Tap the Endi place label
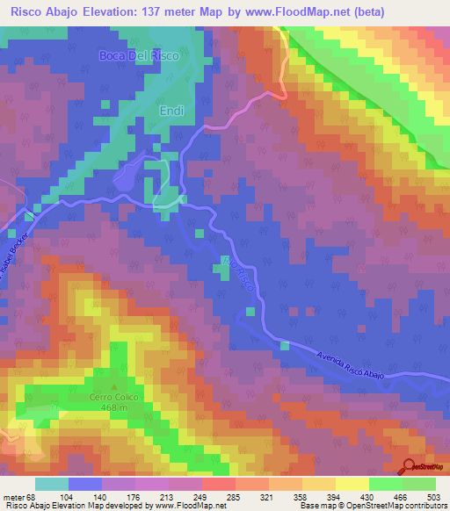click(x=171, y=112)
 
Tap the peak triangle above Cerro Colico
click(x=113, y=385)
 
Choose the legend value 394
click(x=335, y=496)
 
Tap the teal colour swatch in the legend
click(x=52, y=484)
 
